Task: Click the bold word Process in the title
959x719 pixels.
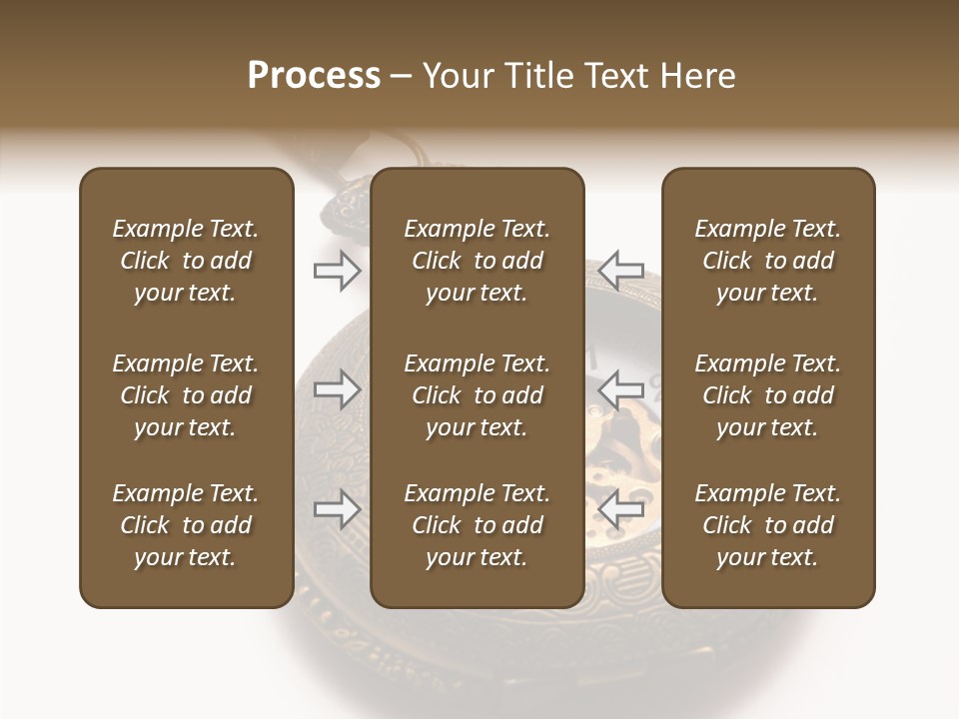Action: (x=314, y=76)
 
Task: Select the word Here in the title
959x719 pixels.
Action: (x=696, y=76)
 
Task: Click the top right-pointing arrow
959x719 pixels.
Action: (x=337, y=271)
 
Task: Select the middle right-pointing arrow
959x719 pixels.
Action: (x=337, y=389)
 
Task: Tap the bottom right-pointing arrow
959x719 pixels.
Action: (x=337, y=509)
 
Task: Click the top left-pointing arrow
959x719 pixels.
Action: (x=620, y=271)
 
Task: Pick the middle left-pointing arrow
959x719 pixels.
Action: (x=620, y=389)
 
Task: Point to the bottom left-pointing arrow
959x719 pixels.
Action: (x=620, y=509)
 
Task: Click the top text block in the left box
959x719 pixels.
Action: (x=186, y=261)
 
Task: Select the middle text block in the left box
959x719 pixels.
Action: (x=186, y=395)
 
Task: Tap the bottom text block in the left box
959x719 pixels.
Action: (x=186, y=525)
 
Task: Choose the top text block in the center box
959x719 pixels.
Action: (x=477, y=261)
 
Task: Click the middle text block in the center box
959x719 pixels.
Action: (x=477, y=395)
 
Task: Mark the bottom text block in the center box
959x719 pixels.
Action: (x=477, y=525)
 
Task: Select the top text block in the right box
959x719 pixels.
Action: (x=767, y=261)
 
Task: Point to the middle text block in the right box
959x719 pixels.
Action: (x=767, y=395)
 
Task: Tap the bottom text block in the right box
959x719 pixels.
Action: (x=767, y=525)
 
